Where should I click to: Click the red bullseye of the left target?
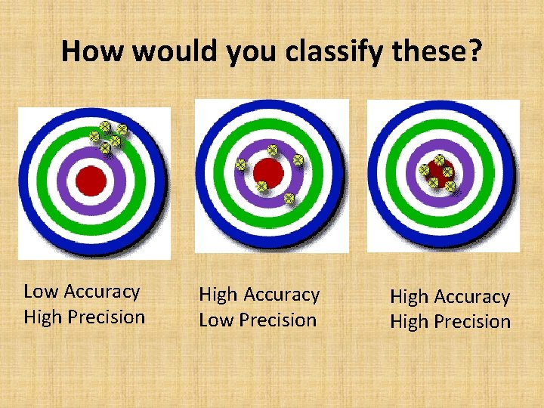click(x=91, y=179)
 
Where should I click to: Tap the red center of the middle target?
click(x=268, y=173)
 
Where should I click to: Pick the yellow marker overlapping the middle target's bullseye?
click(x=262, y=186)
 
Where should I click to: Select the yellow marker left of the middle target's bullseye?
click(x=240, y=164)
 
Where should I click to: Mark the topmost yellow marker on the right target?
click(x=439, y=160)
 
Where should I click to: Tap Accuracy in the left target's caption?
click(x=102, y=292)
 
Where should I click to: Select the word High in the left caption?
click(x=43, y=317)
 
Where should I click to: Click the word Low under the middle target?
click(x=216, y=320)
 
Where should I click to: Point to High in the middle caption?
click(x=218, y=295)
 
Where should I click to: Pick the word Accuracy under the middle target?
click(x=281, y=295)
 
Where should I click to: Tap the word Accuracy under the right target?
click(x=473, y=297)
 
